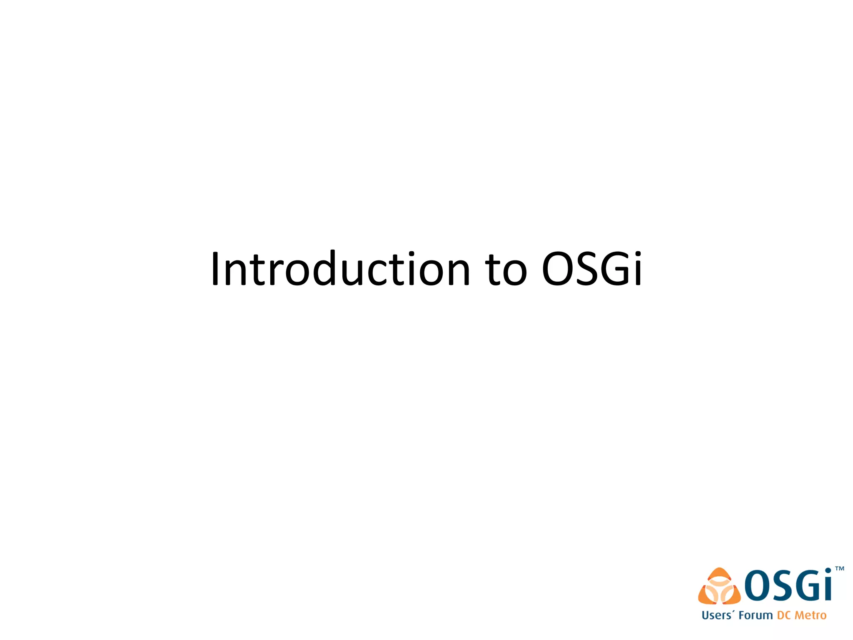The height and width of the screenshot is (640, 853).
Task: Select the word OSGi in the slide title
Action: (x=592, y=269)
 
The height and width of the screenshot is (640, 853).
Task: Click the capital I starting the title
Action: (x=215, y=269)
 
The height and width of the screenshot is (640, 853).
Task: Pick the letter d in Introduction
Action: (x=320, y=269)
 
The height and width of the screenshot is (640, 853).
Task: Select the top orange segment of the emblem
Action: (x=719, y=574)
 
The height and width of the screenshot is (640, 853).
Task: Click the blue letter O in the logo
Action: (x=758, y=585)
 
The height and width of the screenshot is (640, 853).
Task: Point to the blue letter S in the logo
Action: (x=782, y=585)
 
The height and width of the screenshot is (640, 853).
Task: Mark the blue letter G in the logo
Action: (x=808, y=585)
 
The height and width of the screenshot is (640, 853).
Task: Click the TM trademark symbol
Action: (x=840, y=569)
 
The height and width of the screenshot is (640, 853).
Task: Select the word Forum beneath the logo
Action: (x=756, y=615)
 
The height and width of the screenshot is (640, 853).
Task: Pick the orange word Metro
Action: (x=811, y=615)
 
